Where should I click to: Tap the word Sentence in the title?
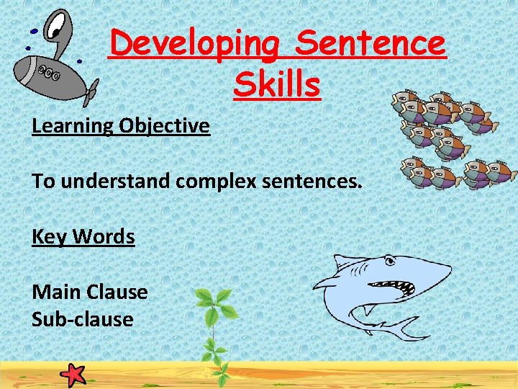pos(371,45)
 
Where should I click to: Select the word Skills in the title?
pos(276,84)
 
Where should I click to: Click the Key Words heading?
pos(83,236)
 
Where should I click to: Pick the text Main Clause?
pos(90,292)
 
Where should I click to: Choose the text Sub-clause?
pos(83,319)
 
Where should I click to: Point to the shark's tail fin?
pos(410,328)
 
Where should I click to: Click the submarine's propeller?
pos(91,90)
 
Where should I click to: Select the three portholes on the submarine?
pos(49,71)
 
